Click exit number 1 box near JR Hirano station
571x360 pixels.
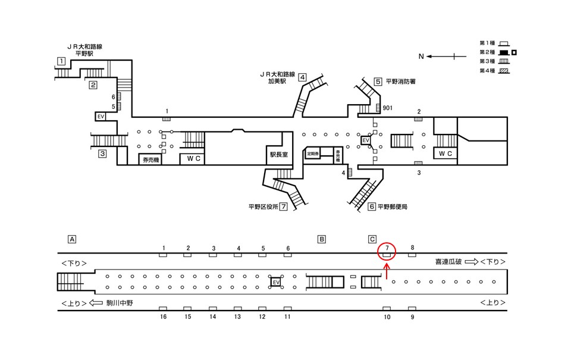[61, 61]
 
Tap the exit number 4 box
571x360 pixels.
[302, 77]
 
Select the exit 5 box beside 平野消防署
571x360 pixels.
[378, 82]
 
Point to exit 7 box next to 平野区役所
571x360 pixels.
[284, 207]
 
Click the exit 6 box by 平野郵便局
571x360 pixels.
[372, 207]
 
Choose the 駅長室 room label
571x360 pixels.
[278, 154]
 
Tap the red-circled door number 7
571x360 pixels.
[387, 248]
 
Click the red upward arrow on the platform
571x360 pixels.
[387, 271]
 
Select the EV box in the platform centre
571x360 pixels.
[275, 282]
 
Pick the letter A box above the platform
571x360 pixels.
[72, 239]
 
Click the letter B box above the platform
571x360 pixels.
[321, 239]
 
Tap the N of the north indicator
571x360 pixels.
[421, 57]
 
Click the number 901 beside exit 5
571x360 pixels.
[387, 108]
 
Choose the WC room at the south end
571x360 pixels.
[445, 154]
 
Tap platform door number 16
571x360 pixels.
[163, 317]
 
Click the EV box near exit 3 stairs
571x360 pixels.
[101, 117]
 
